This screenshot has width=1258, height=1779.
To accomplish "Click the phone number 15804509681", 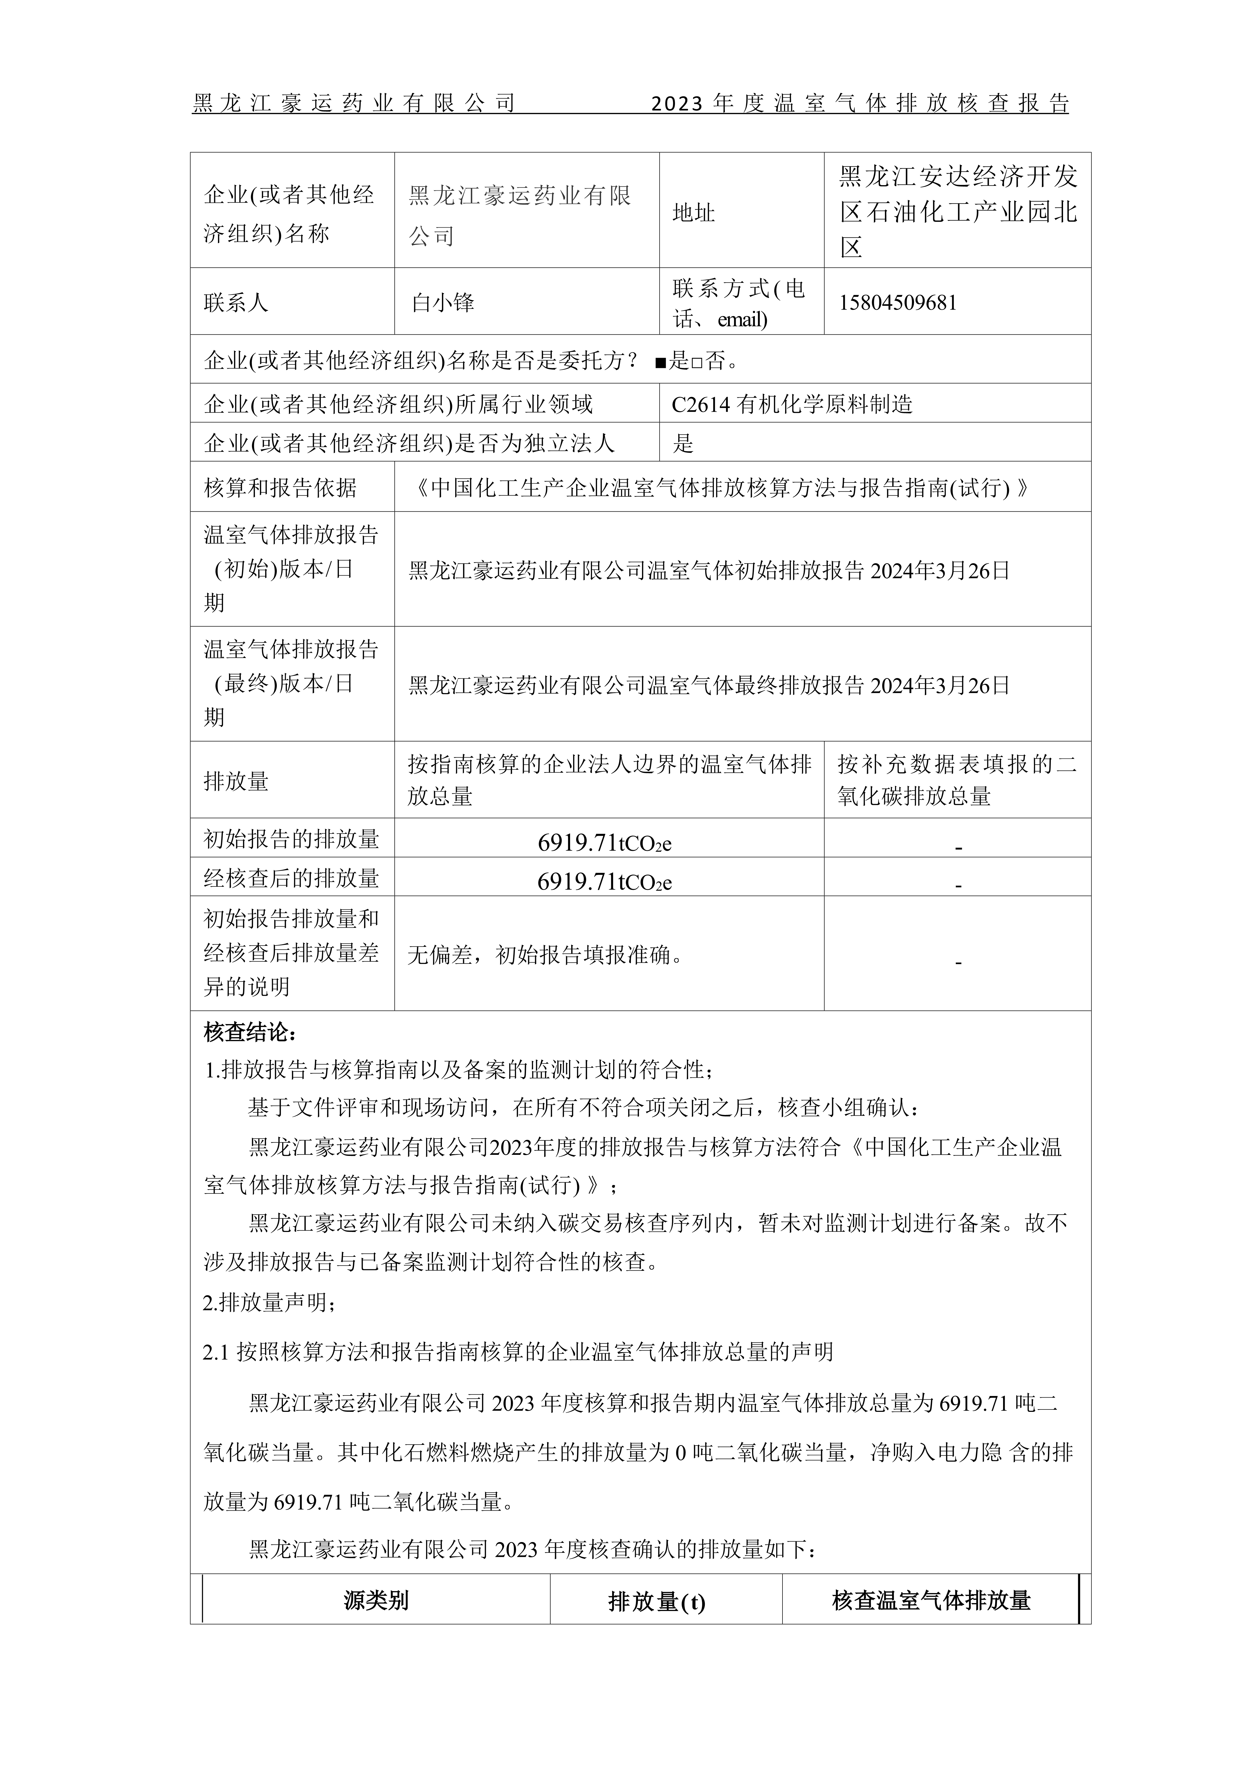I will (x=898, y=302).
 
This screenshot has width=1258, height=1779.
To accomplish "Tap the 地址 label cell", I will (x=694, y=213).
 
